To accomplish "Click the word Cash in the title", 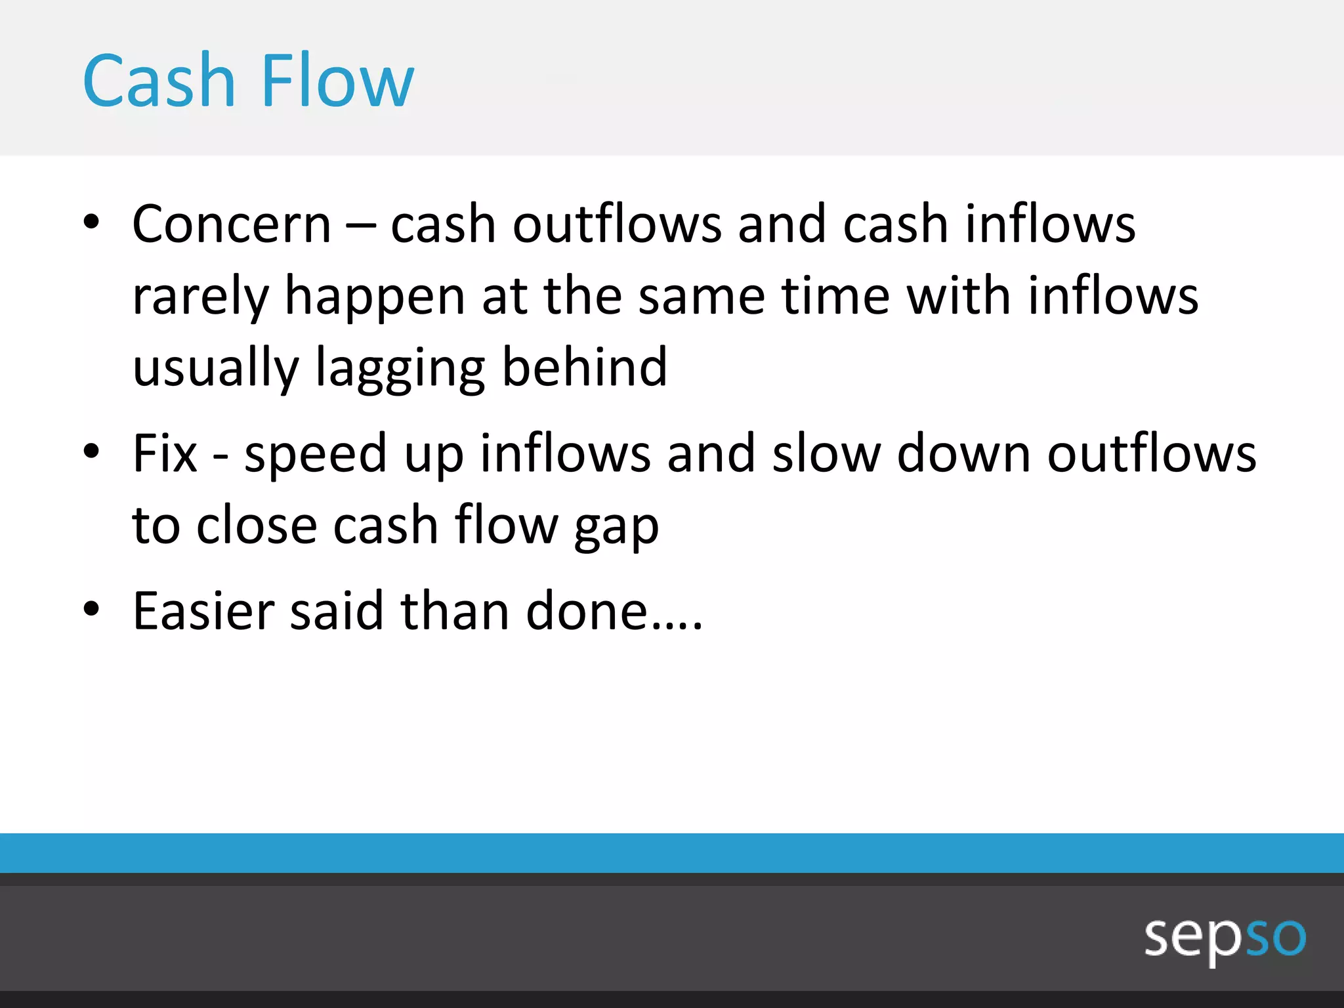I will [x=158, y=81].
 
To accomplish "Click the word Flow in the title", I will [x=337, y=81].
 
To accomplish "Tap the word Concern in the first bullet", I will [x=232, y=225].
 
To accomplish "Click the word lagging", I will [x=400, y=369].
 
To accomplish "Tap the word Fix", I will [x=164, y=453].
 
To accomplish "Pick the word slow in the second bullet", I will [x=826, y=455].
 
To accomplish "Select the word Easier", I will [x=203, y=612].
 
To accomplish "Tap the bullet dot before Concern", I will [x=91, y=222].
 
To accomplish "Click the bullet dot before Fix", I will [x=91, y=451].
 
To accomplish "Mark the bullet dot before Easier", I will [x=91, y=609].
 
